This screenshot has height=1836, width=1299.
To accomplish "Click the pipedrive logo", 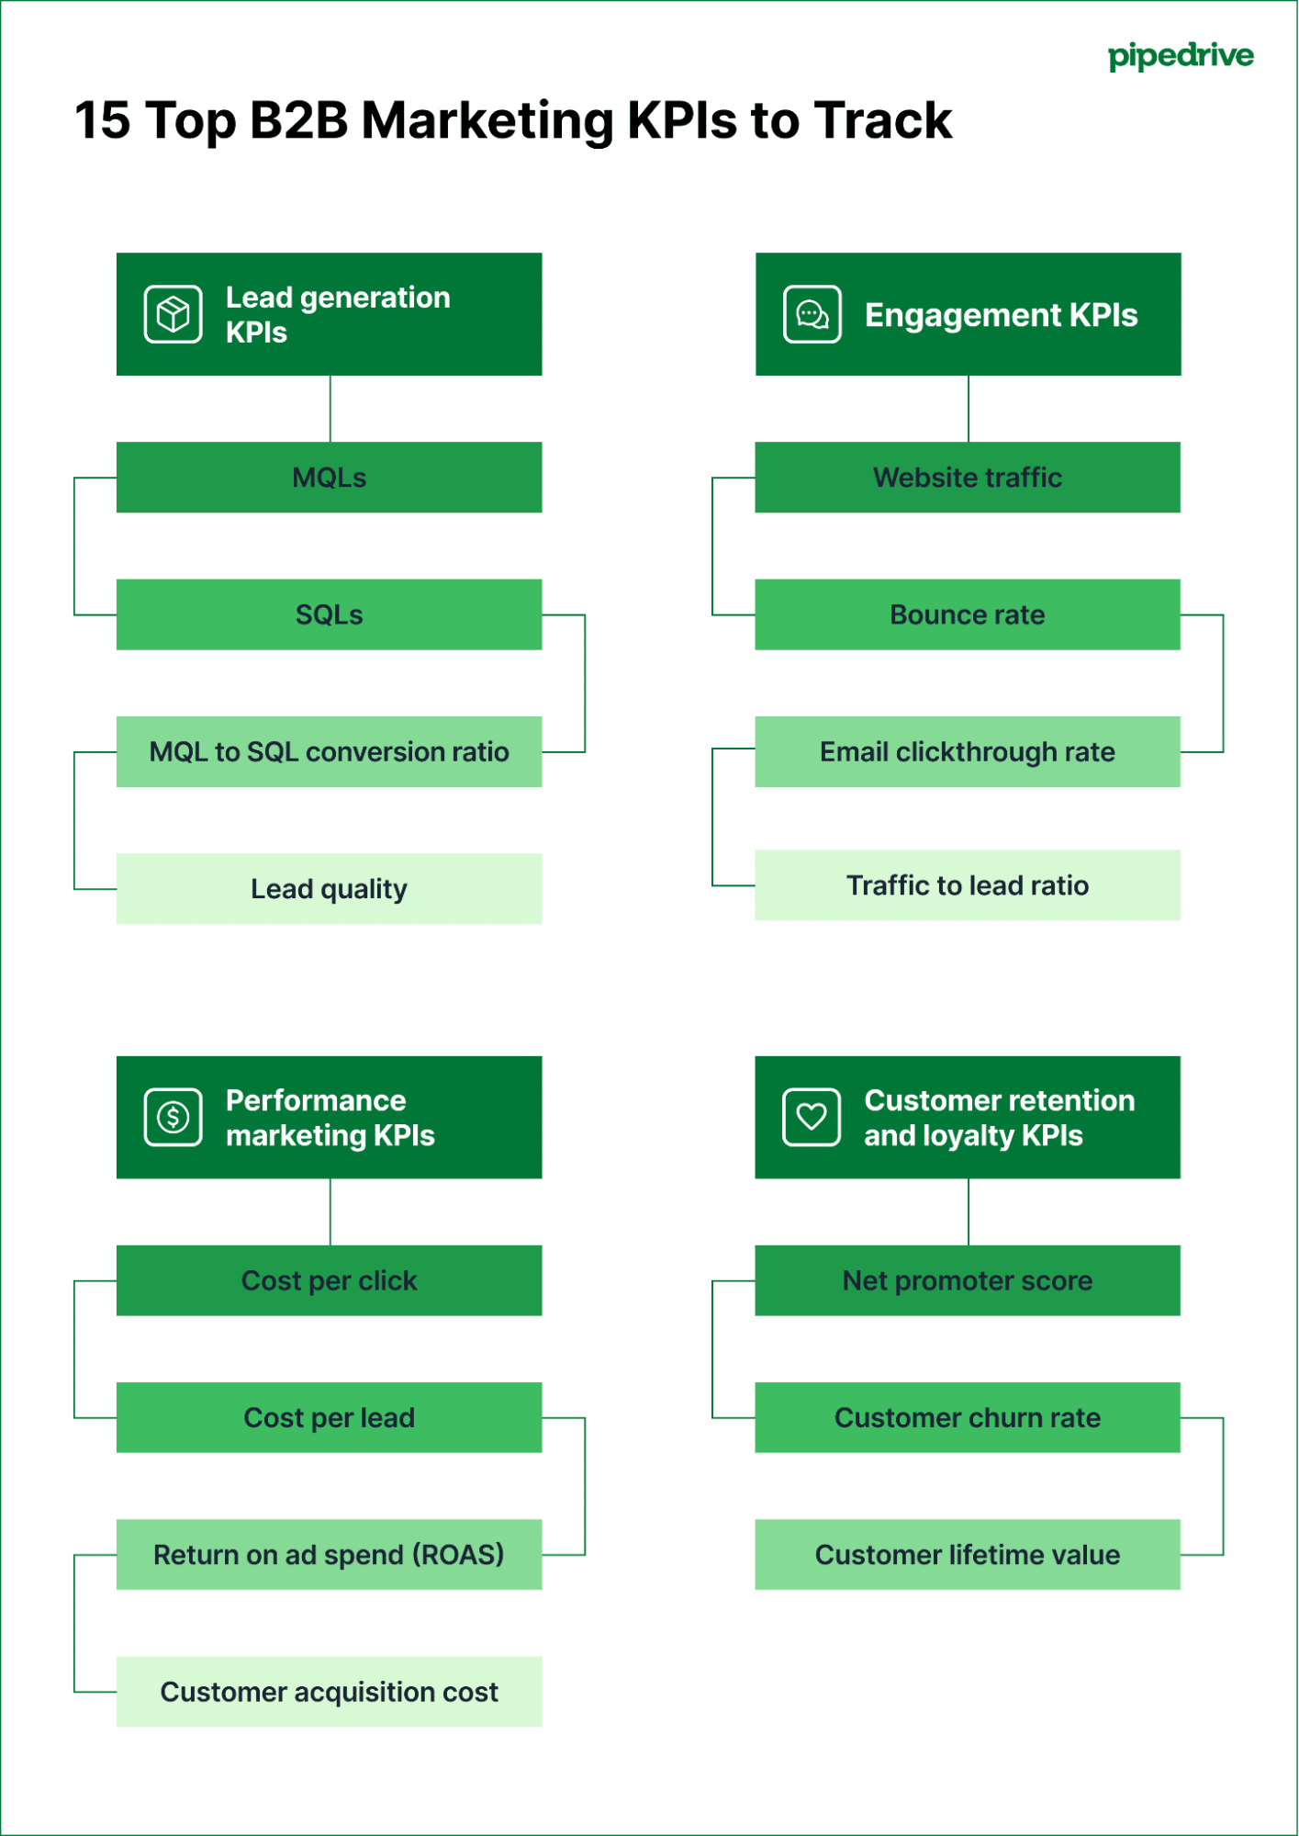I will tap(1180, 56).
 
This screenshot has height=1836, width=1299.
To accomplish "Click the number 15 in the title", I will tap(102, 120).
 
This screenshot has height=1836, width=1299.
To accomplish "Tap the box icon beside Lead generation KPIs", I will tap(173, 314).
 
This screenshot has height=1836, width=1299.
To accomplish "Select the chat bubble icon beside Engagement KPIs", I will tap(812, 314).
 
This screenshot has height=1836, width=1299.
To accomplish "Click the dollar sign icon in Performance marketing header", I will tap(173, 1117).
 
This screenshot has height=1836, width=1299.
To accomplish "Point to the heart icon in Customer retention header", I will tap(811, 1117).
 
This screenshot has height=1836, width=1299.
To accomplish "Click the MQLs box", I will tap(329, 478).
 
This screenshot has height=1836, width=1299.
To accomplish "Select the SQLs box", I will tap(329, 614).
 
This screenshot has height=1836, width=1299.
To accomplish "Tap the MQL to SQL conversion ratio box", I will tap(329, 751).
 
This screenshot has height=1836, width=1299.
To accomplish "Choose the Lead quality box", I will tap(329, 888).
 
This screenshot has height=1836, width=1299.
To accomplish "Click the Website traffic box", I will tap(967, 478).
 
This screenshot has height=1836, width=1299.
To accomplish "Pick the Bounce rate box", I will tap(967, 614).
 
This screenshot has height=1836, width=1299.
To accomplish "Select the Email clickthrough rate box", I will tap(967, 751).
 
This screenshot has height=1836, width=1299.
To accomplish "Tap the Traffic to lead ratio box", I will tap(967, 885).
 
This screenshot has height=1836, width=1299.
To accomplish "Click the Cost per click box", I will tap(329, 1280).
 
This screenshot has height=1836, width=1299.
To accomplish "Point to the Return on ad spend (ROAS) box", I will tap(329, 1554).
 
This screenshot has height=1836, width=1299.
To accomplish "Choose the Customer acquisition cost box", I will tap(329, 1691).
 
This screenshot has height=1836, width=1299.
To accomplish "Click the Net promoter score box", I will tap(967, 1280).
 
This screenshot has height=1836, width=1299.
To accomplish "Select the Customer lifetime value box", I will tap(967, 1554).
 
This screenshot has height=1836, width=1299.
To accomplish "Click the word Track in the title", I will tap(882, 120).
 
